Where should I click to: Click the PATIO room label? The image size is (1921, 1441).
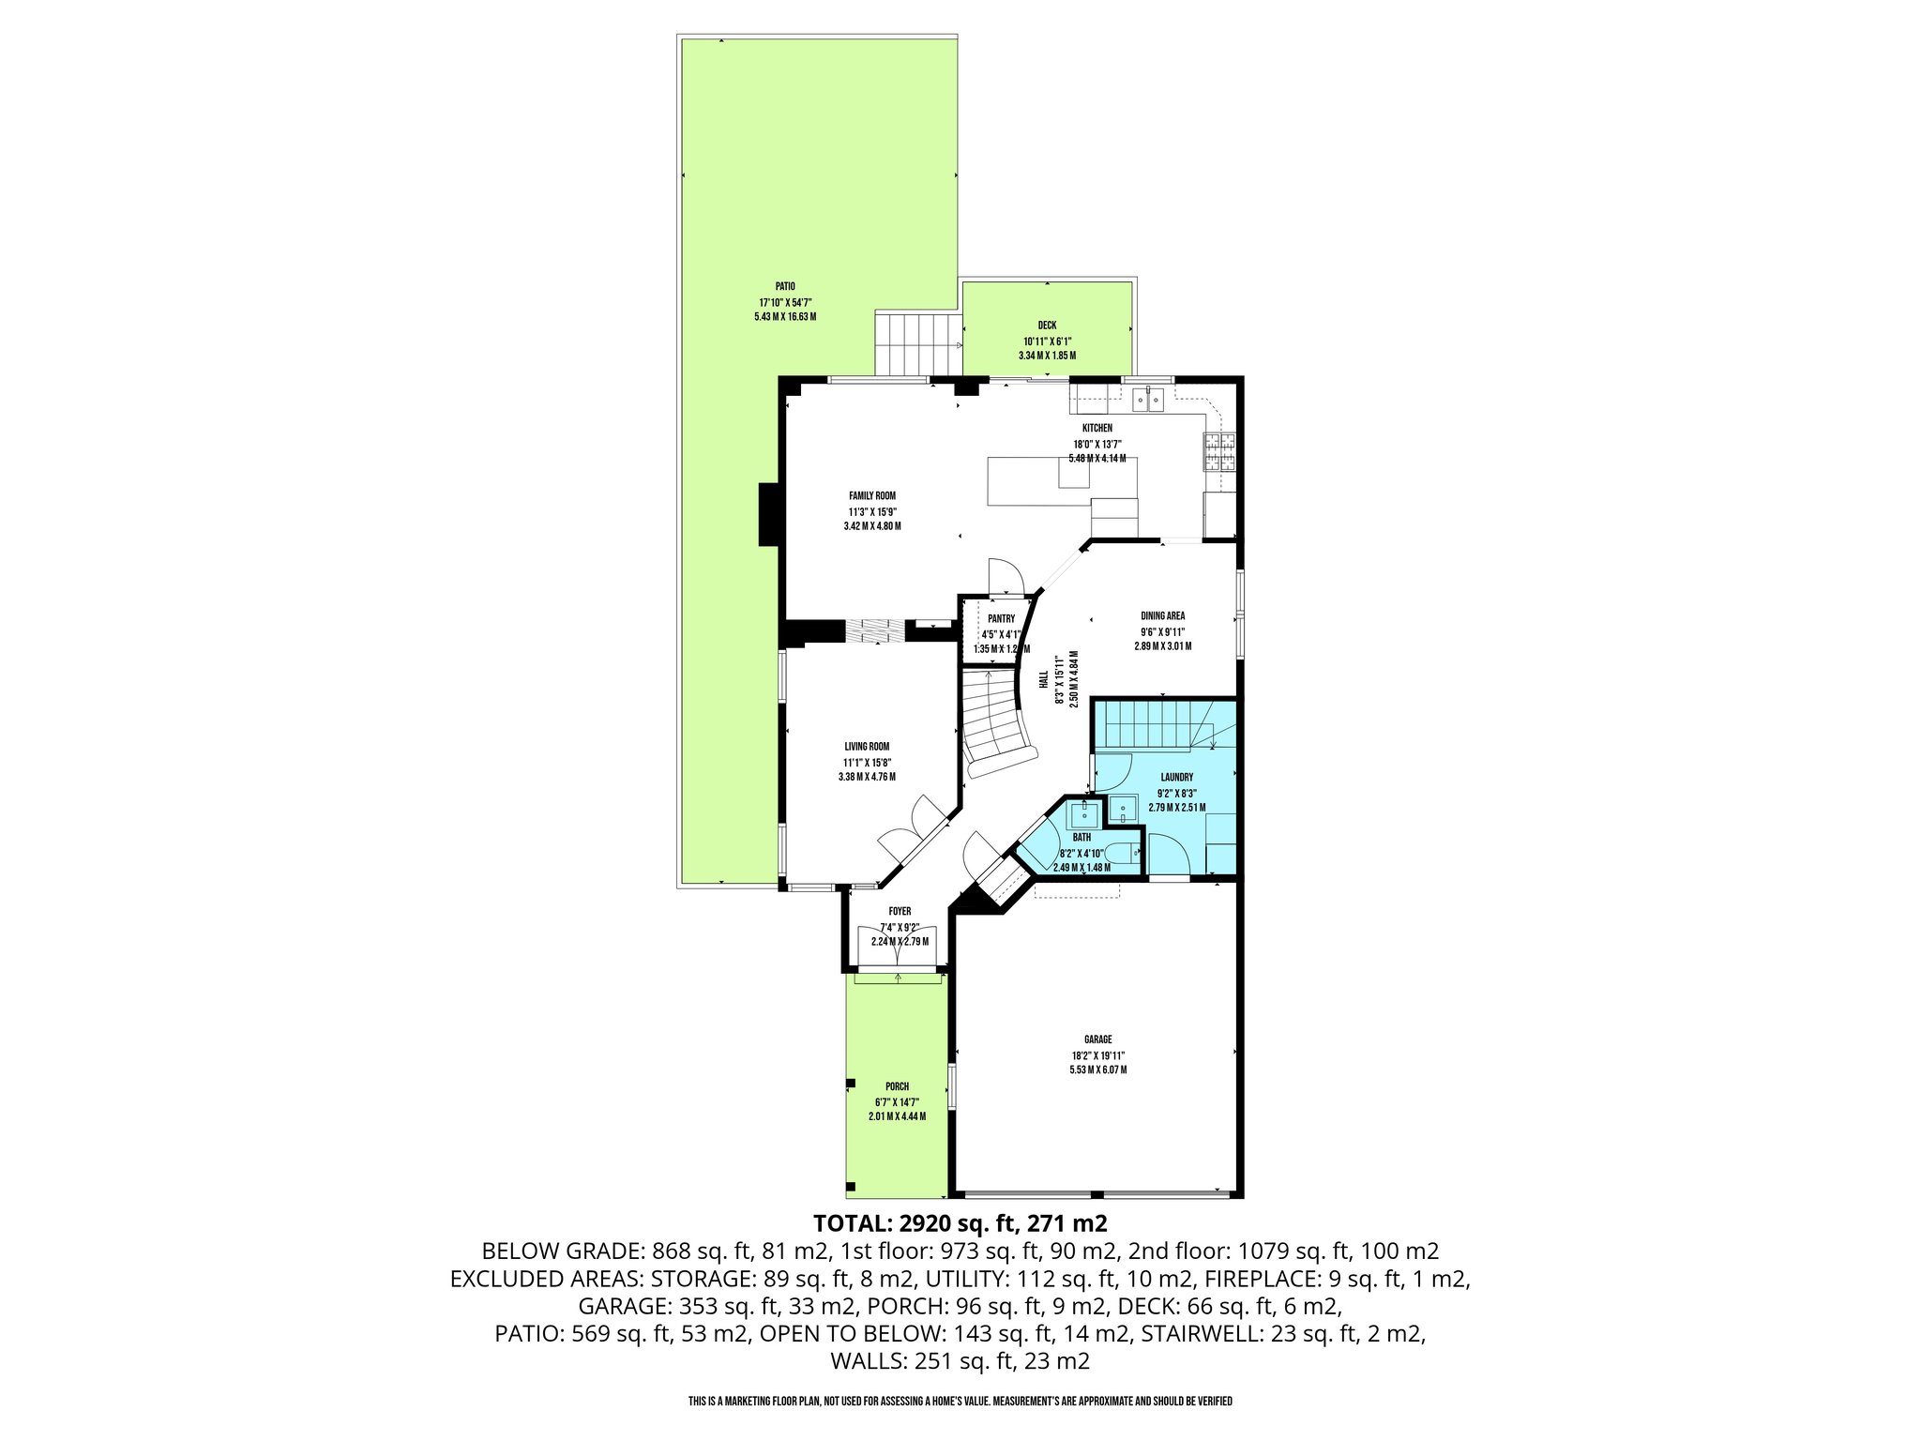tap(785, 286)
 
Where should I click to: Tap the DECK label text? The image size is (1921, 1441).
tap(1047, 326)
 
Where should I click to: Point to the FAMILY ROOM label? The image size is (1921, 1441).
tap(872, 495)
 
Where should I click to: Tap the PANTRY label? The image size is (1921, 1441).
tap(1001, 619)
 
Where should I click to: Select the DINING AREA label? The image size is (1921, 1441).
tap(1162, 616)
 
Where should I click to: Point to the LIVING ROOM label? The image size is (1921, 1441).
tap(867, 747)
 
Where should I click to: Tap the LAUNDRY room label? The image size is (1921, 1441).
tap(1176, 777)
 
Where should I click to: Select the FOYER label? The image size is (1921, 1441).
tap(900, 911)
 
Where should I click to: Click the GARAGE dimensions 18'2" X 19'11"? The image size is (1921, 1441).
tap(1098, 1054)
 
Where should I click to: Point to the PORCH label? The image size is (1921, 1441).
tap(897, 1086)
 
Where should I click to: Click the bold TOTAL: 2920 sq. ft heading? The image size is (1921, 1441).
tap(960, 1223)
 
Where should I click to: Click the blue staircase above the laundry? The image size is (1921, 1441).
tap(1149, 724)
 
